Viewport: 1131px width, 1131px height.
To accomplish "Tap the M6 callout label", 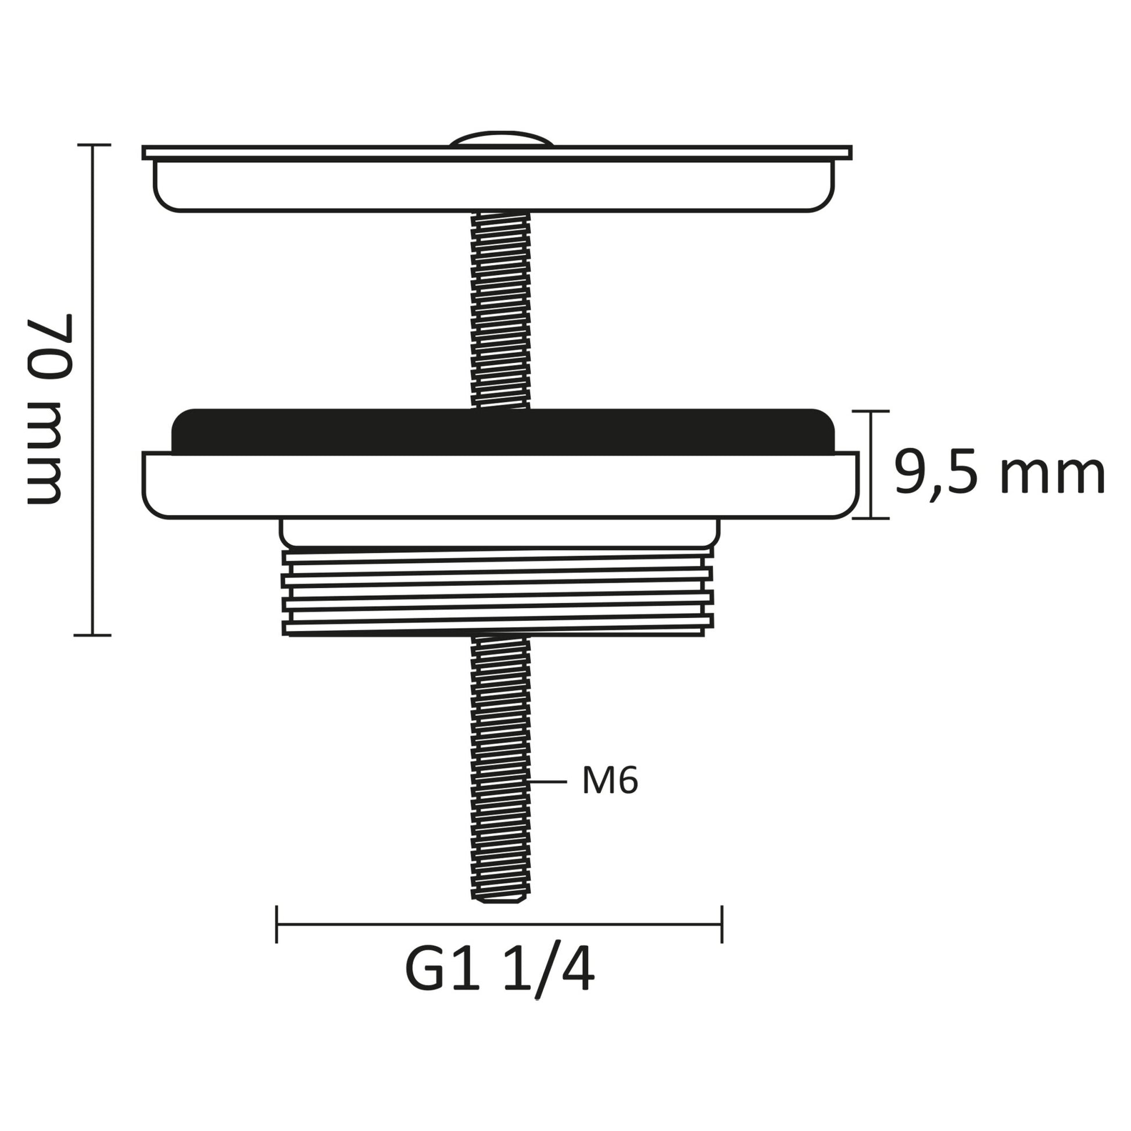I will click(x=610, y=781).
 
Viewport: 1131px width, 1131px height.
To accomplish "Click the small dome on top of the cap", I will click(x=501, y=139).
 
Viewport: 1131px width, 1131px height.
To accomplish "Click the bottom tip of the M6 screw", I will click(x=500, y=900).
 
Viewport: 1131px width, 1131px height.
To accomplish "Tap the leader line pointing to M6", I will click(x=548, y=782).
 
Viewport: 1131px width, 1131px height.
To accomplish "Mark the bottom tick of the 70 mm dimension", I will click(x=92, y=635).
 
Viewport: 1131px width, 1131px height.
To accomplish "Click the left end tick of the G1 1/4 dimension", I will click(x=276, y=924).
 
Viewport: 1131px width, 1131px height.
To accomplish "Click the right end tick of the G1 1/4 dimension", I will click(x=722, y=924).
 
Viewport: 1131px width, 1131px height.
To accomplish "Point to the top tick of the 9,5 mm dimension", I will click(x=871, y=411).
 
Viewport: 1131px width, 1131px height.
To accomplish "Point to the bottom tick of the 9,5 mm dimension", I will click(x=871, y=518).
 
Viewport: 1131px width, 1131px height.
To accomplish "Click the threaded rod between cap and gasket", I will click(x=500, y=310).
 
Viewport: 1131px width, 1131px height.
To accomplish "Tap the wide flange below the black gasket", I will click(x=500, y=485).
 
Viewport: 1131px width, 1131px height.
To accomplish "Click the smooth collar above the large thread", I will click(x=499, y=532).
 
